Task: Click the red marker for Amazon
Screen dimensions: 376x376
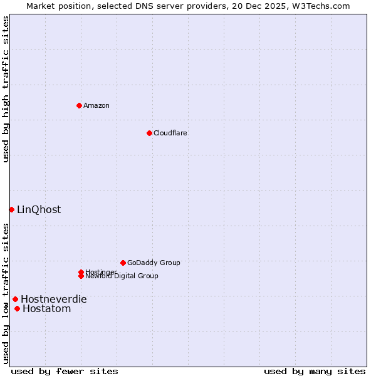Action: click(x=79, y=105)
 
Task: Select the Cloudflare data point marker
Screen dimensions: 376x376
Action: click(x=149, y=133)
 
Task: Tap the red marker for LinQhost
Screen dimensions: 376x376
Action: click(x=11, y=209)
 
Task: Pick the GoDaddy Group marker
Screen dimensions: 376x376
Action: click(x=123, y=263)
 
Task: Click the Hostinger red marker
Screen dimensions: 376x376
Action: click(x=81, y=272)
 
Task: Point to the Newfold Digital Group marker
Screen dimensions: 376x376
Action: click(x=81, y=276)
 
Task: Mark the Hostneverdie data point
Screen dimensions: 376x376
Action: click(x=15, y=299)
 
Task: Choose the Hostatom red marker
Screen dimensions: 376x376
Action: click(x=17, y=308)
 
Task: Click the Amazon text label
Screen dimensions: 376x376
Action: click(x=97, y=105)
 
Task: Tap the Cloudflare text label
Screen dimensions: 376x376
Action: click(x=170, y=133)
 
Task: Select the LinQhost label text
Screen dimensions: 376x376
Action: click(x=39, y=210)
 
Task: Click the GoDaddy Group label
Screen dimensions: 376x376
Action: click(x=154, y=263)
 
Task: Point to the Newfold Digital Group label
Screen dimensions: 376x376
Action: click(x=122, y=276)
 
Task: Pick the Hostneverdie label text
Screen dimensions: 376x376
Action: click(x=54, y=300)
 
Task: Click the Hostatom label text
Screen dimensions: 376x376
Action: click(x=47, y=309)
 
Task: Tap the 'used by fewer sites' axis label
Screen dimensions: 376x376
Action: click(x=65, y=371)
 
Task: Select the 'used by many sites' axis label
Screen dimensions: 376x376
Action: click(x=315, y=371)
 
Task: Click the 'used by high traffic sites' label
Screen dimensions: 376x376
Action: click(x=6, y=90)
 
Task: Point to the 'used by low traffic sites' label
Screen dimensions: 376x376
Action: click(x=6, y=293)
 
